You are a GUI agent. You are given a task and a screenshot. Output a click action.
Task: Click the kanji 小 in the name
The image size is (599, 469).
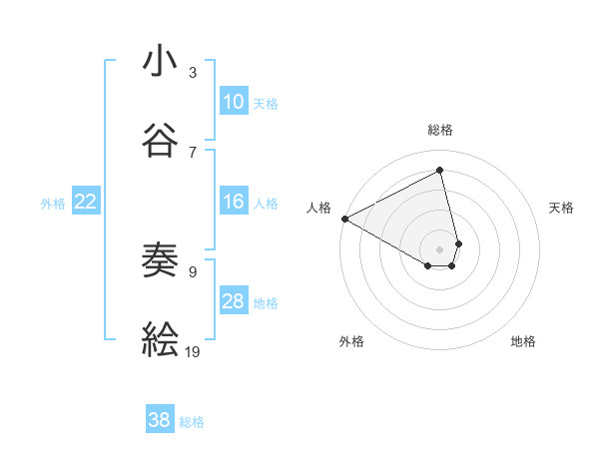(161, 61)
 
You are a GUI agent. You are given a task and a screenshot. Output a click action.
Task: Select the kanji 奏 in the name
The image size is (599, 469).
(161, 261)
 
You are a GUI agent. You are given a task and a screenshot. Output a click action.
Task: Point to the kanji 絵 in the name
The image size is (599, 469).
(161, 340)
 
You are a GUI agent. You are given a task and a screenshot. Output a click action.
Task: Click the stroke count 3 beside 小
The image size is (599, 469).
(193, 73)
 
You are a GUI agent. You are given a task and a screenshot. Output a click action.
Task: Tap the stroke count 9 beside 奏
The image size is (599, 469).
(193, 270)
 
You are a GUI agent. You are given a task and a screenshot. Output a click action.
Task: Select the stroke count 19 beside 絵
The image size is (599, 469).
(194, 351)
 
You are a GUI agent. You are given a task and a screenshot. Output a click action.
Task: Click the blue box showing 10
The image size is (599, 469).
(233, 102)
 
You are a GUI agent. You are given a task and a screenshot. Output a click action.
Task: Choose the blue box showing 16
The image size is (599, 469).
(233, 203)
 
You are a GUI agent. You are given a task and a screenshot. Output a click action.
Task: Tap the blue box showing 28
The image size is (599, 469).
(233, 302)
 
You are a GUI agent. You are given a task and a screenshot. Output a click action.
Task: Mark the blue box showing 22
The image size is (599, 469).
(86, 203)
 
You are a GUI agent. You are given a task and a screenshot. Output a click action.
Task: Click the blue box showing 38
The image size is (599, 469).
(160, 421)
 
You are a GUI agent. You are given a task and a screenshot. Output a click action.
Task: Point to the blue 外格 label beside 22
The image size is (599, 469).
(53, 204)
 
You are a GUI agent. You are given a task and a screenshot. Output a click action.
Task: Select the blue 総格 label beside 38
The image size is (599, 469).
(192, 422)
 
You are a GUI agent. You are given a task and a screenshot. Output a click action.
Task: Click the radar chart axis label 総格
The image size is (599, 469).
(440, 130)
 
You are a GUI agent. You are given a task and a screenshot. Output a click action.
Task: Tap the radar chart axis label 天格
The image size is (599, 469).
(562, 208)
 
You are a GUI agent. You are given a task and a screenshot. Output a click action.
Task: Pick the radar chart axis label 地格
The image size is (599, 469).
(523, 341)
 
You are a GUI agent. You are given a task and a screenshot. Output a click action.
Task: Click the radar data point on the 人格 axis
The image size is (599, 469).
(344, 218)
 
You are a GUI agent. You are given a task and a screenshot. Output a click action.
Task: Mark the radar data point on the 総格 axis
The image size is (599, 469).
(440, 171)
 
